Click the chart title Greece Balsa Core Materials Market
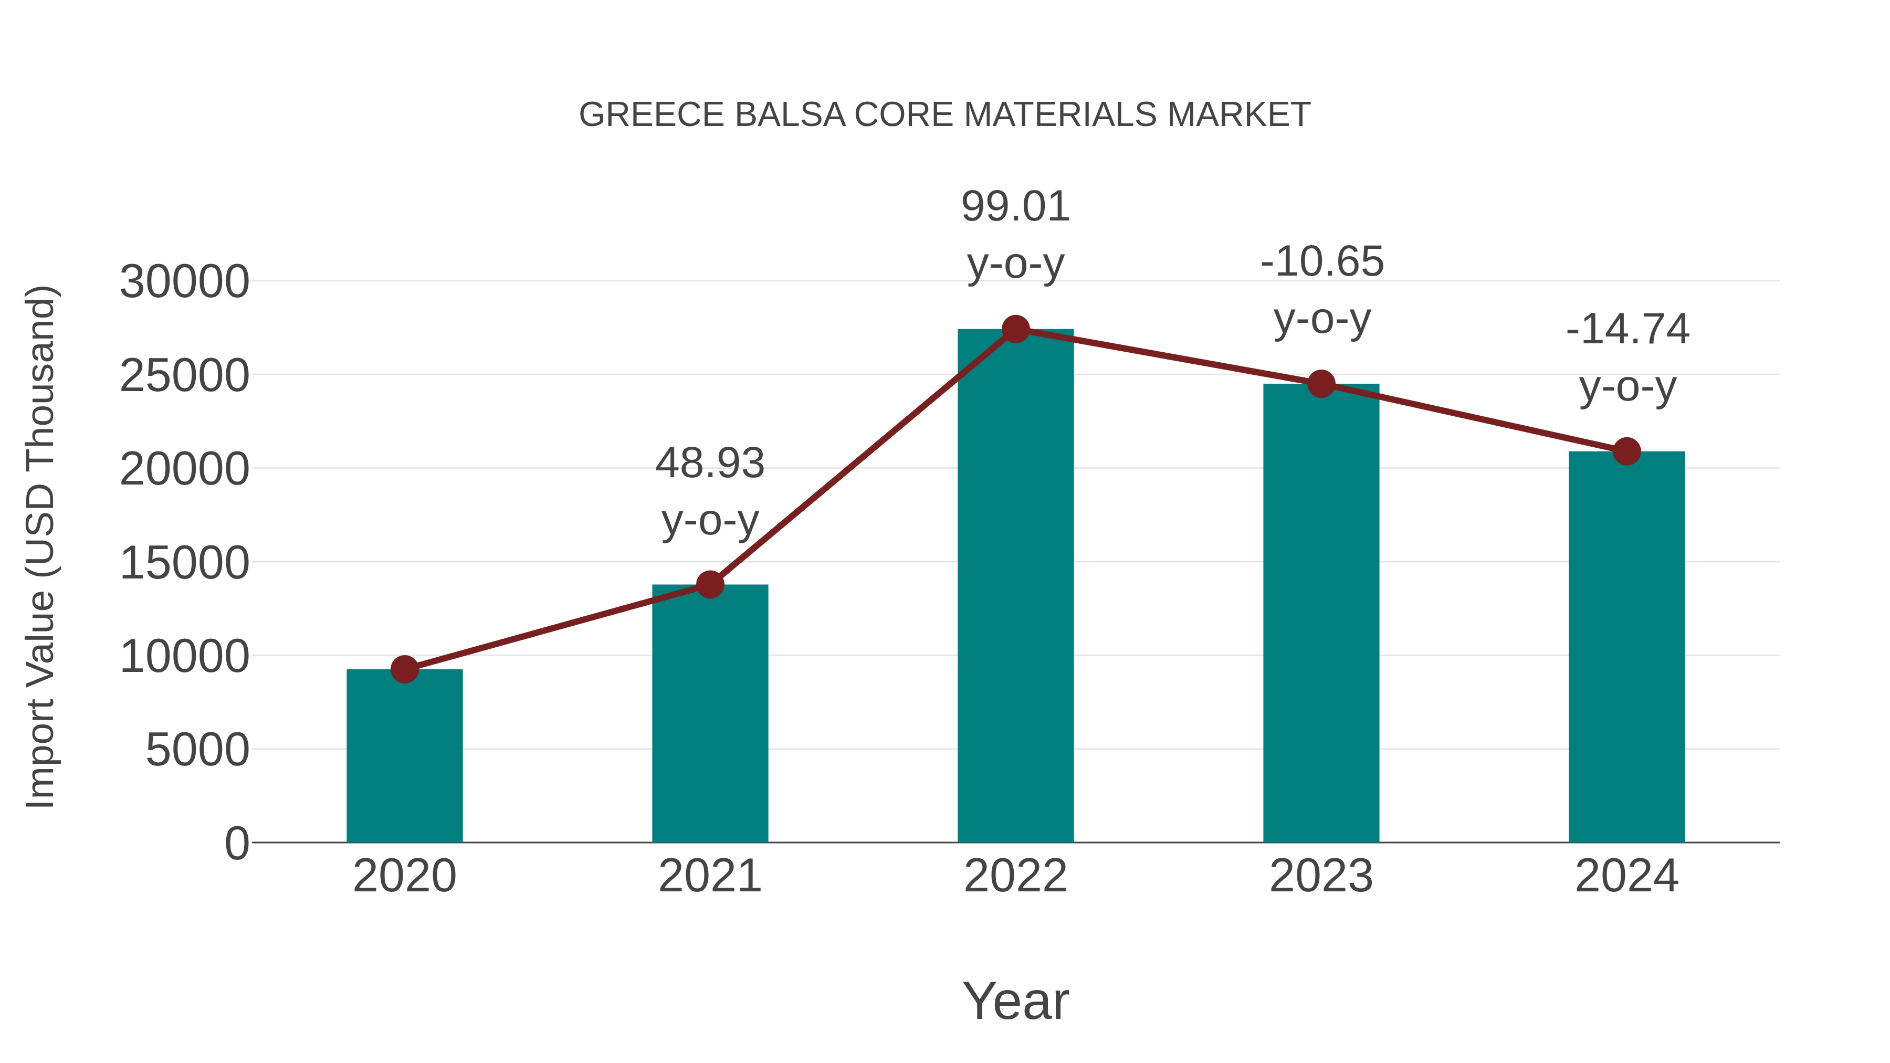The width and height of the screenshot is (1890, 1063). click(x=944, y=115)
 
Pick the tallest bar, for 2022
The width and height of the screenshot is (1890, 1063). click(x=1015, y=587)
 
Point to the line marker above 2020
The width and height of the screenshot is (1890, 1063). click(x=404, y=669)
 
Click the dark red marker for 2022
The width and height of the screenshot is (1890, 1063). click(x=1015, y=329)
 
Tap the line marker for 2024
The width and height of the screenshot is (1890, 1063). click(x=1626, y=451)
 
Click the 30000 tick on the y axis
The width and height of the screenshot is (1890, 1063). click(x=184, y=282)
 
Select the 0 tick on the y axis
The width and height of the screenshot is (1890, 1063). click(x=236, y=844)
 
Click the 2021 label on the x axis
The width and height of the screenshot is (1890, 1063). click(x=709, y=876)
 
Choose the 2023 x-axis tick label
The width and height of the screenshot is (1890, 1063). click(x=1321, y=876)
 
